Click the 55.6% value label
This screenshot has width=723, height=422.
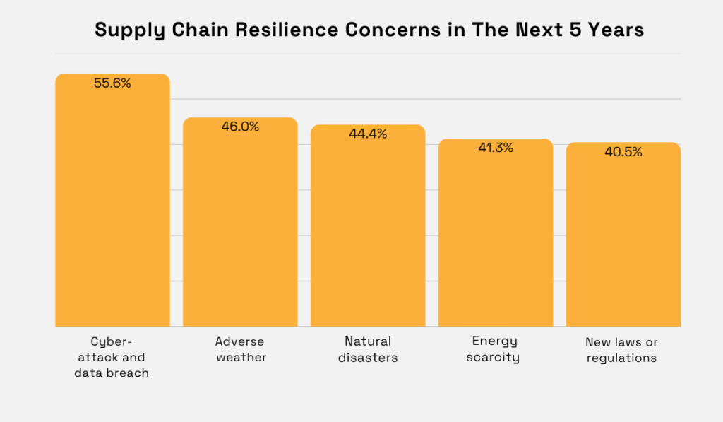point(112,83)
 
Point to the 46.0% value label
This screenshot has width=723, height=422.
point(240,127)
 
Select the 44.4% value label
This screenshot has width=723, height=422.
point(368,134)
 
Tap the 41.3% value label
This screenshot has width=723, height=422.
point(495,148)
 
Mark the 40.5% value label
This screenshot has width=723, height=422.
point(623,152)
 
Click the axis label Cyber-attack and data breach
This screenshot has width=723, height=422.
point(112,357)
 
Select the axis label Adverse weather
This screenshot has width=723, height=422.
point(241,350)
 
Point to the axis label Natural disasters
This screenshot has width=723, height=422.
point(368,350)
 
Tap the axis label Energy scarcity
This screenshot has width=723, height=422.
point(495,349)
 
